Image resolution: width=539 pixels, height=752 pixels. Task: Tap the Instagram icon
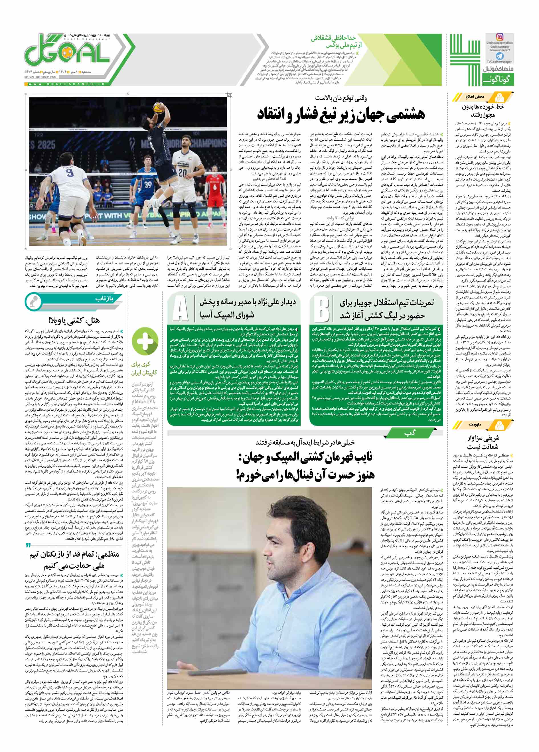(499, 37)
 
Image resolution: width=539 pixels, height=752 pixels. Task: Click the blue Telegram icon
(499, 56)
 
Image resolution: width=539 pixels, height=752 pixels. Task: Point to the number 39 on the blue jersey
(148, 184)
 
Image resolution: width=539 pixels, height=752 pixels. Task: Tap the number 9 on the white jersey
(69, 173)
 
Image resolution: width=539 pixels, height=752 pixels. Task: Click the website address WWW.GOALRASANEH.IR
(66, 84)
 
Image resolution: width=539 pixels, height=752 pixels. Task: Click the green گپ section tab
(410, 433)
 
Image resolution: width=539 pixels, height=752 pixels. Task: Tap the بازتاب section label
(104, 299)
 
